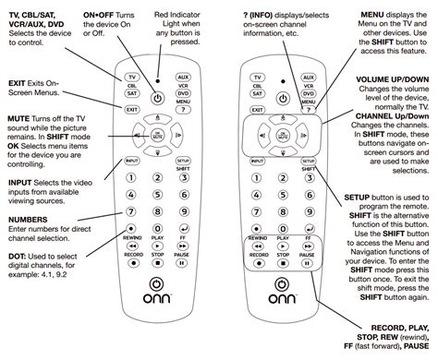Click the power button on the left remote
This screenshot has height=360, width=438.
click(157, 97)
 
